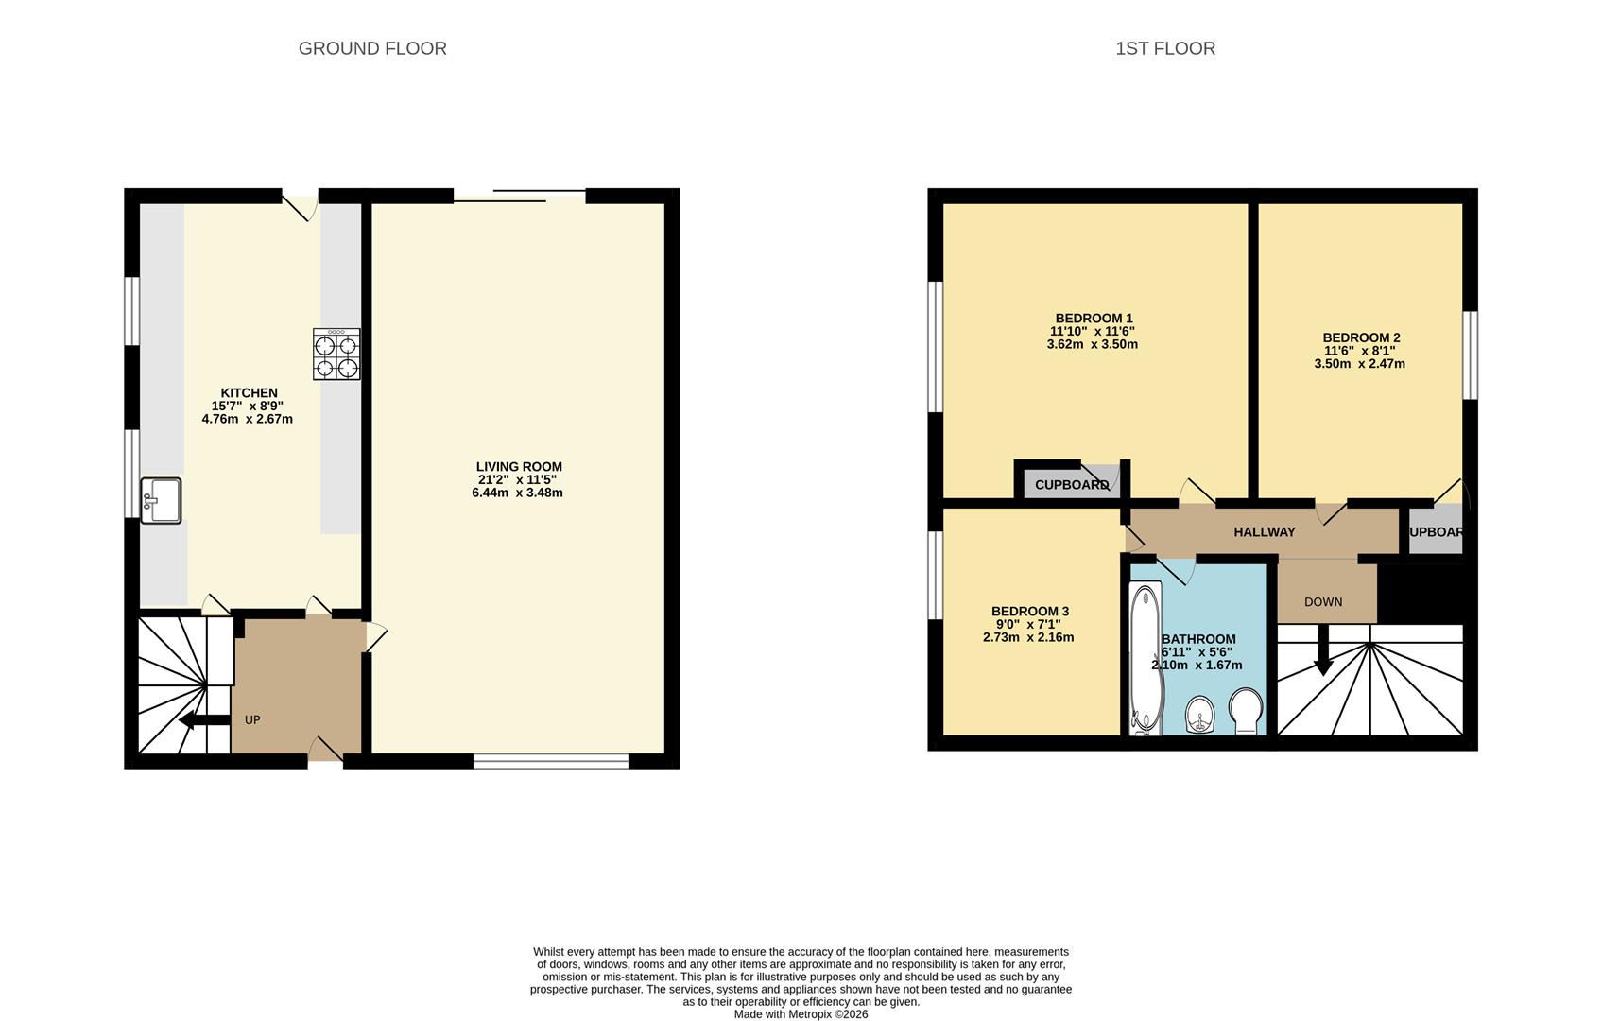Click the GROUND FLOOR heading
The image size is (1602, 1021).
click(x=372, y=48)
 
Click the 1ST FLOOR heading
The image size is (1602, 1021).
click(x=1164, y=48)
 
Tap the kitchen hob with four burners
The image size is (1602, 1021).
click(x=336, y=355)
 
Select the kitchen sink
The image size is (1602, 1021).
click(x=161, y=500)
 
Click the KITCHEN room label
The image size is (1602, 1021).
click(x=249, y=393)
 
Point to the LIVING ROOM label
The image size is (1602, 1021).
click(x=519, y=466)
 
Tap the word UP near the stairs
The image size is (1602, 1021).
click(x=252, y=720)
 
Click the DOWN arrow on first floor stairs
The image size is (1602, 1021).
click(x=1323, y=652)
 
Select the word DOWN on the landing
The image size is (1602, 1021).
click(x=1323, y=602)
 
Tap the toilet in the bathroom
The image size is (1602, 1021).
click(x=1247, y=709)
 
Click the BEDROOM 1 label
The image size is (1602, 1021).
click(x=1094, y=319)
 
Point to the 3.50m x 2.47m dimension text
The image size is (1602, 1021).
click(x=1359, y=364)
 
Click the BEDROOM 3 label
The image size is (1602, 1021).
click(x=1030, y=612)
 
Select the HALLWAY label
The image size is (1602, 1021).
click(x=1264, y=532)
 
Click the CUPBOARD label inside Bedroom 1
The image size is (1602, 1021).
click(x=1071, y=485)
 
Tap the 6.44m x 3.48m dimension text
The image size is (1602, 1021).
click(x=517, y=493)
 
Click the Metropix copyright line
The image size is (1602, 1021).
click(x=801, y=1014)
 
